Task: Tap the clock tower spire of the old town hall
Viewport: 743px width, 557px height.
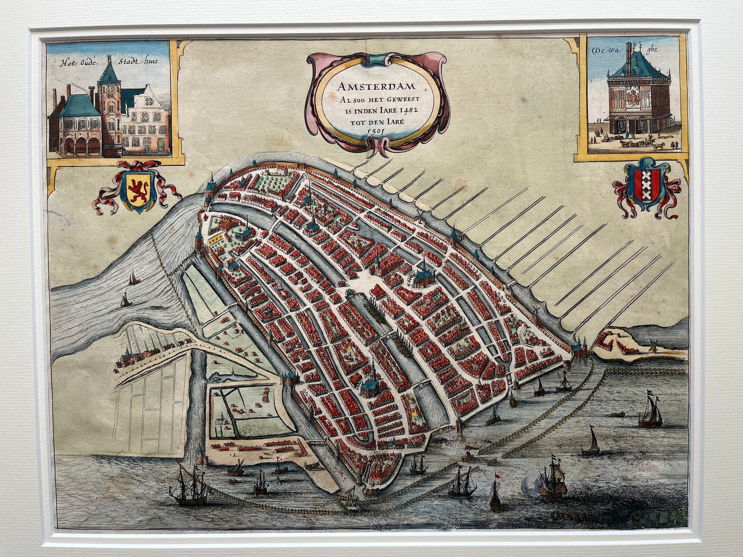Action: point(110,70)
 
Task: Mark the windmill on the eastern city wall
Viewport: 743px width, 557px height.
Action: point(535,310)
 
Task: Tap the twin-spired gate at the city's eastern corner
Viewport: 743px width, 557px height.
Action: point(579,347)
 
